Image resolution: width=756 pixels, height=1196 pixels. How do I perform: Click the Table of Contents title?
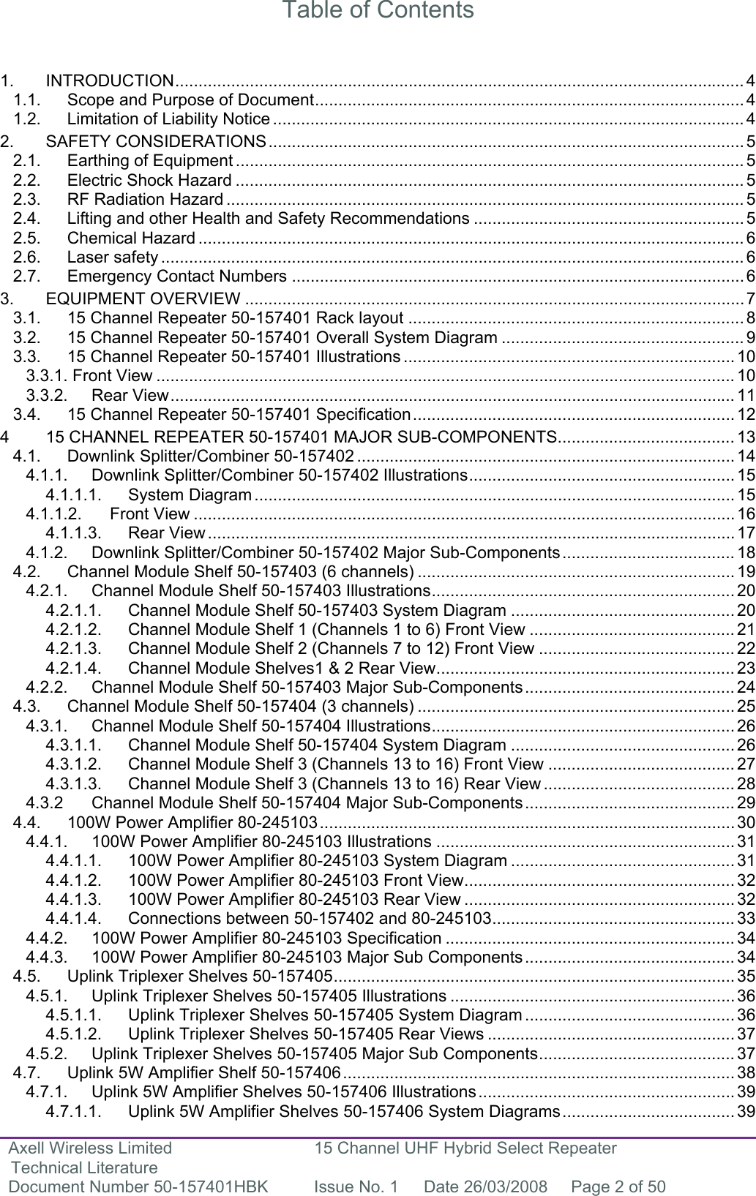click(378, 11)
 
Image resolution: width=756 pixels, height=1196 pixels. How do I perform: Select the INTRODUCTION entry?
click(109, 80)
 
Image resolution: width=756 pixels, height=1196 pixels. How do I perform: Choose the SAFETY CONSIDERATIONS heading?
click(155, 140)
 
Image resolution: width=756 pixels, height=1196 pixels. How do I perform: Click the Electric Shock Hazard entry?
click(149, 180)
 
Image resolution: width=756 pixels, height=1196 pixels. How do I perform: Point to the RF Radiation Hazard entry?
click(145, 199)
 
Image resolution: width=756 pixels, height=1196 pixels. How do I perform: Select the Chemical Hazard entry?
click(131, 238)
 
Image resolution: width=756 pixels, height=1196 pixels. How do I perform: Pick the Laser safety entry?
click(112, 257)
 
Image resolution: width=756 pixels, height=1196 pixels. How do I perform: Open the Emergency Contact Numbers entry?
click(176, 276)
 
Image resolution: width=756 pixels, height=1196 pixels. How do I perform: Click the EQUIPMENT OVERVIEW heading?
click(143, 298)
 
